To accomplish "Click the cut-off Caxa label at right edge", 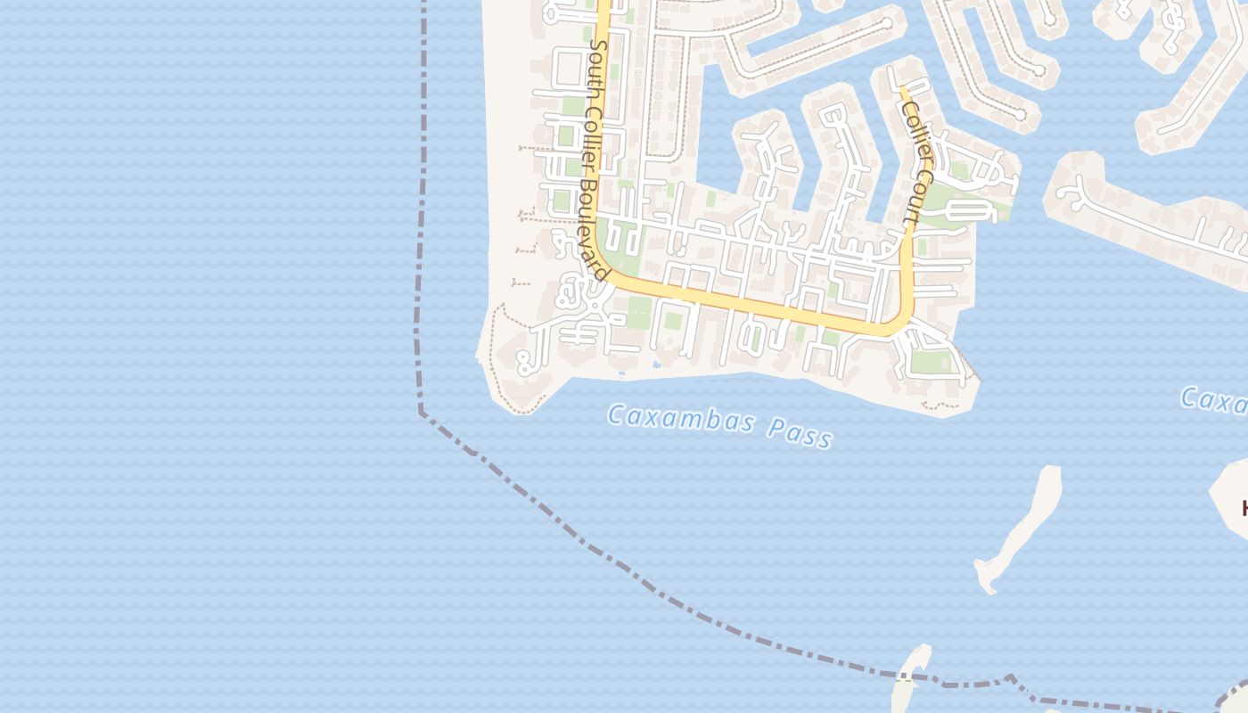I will (1214, 400).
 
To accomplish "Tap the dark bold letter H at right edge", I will (1244, 509).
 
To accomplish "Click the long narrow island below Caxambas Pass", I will (1025, 526).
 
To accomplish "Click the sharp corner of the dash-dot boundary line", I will (421, 413).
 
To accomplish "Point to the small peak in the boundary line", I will (1009, 676).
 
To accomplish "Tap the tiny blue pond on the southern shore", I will (657, 364).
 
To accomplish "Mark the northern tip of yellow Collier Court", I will (901, 87).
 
